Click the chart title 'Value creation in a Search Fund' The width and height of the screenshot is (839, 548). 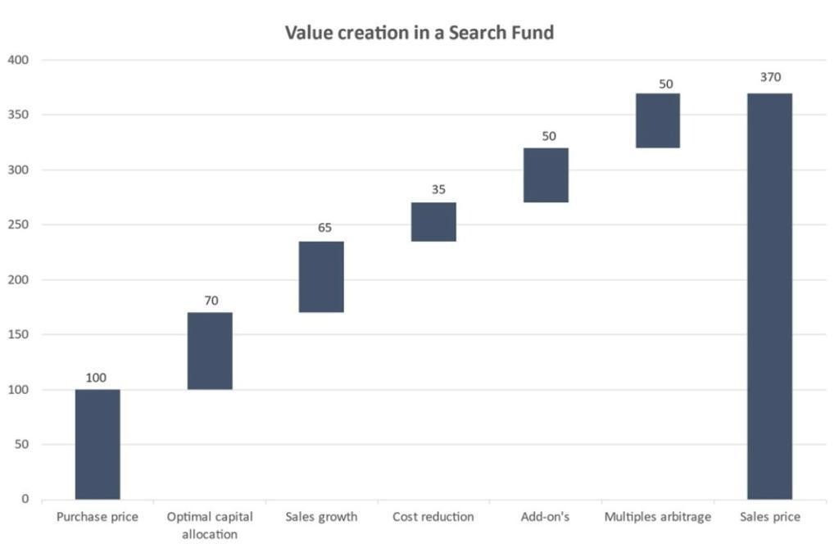point(419,33)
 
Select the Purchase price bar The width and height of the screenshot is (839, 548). point(98,444)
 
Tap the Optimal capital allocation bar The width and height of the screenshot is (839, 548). point(210,351)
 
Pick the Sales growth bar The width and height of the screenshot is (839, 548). point(321,277)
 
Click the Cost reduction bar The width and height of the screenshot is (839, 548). point(433,222)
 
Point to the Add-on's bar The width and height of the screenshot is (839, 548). point(546,175)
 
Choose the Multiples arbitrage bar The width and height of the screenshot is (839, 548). point(658,120)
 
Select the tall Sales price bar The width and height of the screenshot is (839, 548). point(769,296)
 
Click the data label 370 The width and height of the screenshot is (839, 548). point(770,78)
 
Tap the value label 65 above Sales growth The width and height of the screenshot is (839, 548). point(324,228)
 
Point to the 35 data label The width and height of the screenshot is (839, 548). point(438,189)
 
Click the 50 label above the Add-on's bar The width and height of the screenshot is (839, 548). point(548,136)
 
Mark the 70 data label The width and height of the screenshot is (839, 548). point(211,301)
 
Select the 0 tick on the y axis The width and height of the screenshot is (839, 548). point(25,499)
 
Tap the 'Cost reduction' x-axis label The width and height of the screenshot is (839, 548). point(433,518)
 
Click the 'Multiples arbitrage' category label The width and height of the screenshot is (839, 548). point(657,518)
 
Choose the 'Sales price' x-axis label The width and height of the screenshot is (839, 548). point(769,518)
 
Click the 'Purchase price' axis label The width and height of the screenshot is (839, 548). point(98,518)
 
